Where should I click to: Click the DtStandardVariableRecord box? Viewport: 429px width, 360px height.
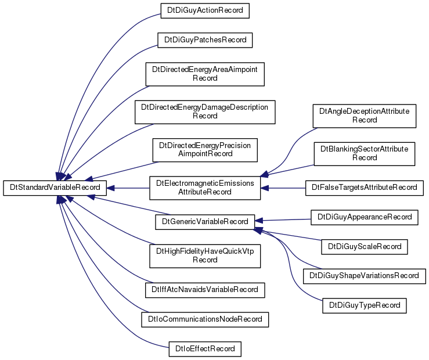[55, 188]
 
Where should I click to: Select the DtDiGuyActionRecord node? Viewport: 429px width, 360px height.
[205, 10]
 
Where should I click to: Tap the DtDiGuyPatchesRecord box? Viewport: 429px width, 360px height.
[205, 40]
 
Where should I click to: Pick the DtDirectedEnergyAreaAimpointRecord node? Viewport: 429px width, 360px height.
[205, 74]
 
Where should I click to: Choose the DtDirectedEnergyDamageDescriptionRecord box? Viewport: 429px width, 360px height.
[205, 112]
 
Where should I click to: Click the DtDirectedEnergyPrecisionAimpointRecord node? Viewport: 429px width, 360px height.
[205, 150]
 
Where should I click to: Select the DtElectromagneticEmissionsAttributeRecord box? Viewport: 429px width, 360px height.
[205, 188]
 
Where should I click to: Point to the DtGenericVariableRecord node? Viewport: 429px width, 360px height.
[205, 222]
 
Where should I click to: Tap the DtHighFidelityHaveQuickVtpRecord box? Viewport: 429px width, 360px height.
[205, 256]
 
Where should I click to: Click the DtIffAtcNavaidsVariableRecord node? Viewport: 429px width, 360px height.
[205, 290]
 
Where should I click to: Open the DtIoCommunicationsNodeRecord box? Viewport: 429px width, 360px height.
[205, 319]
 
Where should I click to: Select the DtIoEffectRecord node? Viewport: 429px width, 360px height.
[205, 349]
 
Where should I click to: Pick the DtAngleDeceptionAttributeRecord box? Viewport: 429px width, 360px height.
[365, 116]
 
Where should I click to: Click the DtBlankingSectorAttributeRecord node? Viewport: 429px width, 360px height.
[365, 154]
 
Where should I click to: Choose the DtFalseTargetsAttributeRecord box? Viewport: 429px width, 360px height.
[365, 188]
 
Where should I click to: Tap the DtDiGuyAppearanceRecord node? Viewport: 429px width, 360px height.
[365, 218]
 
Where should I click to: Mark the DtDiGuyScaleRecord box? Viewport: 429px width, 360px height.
[365, 247]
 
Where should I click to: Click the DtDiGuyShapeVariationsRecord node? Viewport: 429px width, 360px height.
[365, 276]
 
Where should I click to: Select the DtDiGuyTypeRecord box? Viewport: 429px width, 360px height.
[365, 306]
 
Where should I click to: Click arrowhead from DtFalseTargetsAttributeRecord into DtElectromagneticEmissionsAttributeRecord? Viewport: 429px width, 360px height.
[265, 188]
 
